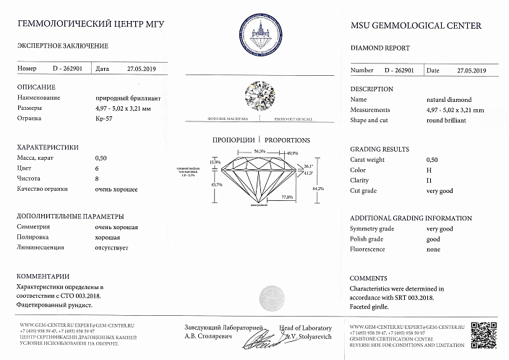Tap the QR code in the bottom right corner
pyautogui.click(x=483, y=333)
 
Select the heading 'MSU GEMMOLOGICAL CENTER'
pyautogui.click(x=415, y=26)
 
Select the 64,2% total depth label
pyautogui.click(x=317, y=189)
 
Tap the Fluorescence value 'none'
pyautogui.click(x=433, y=249)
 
